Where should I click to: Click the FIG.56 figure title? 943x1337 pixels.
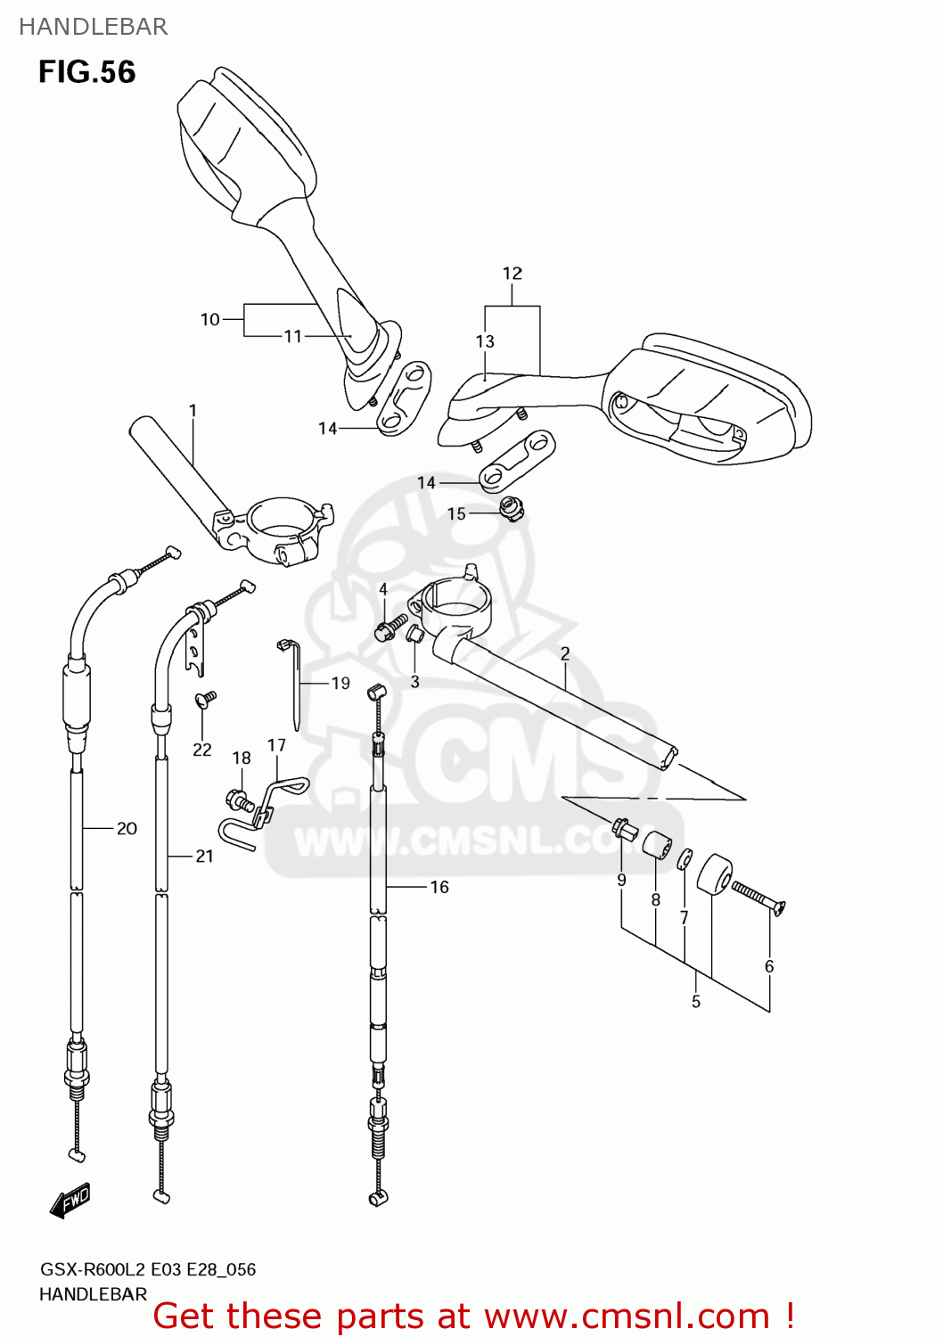pyautogui.click(x=86, y=72)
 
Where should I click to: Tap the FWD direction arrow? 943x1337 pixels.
pyautogui.click(x=70, y=1201)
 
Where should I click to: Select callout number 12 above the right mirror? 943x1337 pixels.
pyautogui.click(x=512, y=274)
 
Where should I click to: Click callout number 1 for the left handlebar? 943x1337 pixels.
pyautogui.click(x=193, y=411)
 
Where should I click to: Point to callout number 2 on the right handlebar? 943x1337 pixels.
pyautogui.click(x=565, y=654)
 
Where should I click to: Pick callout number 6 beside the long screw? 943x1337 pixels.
pyautogui.click(x=769, y=966)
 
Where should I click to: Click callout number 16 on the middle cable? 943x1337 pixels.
pyautogui.click(x=439, y=887)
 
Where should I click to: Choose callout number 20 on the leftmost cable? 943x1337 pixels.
pyautogui.click(x=127, y=829)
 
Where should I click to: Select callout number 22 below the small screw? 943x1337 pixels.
pyautogui.click(x=202, y=750)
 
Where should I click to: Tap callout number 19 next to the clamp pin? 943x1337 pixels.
pyautogui.click(x=340, y=684)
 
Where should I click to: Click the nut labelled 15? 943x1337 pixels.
pyautogui.click(x=512, y=510)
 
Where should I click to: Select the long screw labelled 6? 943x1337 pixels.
pyautogui.click(x=758, y=897)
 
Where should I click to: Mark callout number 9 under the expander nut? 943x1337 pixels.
pyautogui.click(x=621, y=880)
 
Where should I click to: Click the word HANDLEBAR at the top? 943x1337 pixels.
pyautogui.click(x=93, y=27)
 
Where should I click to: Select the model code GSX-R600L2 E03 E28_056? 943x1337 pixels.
pyautogui.click(x=147, y=1269)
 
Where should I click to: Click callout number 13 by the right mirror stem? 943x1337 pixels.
pyautogui.click(x=485, y=341)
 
